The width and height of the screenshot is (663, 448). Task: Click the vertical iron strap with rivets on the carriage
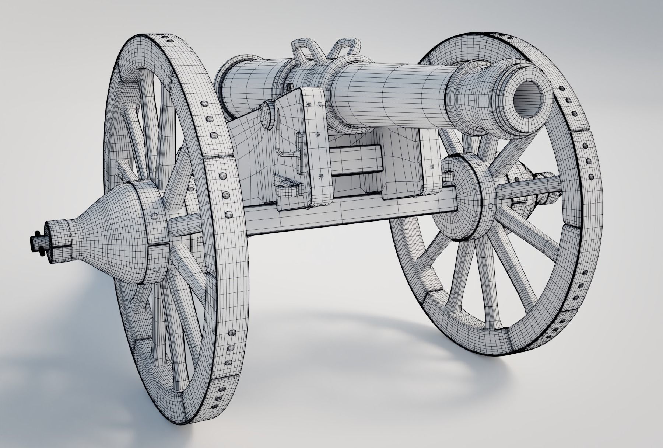pos(317,147)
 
